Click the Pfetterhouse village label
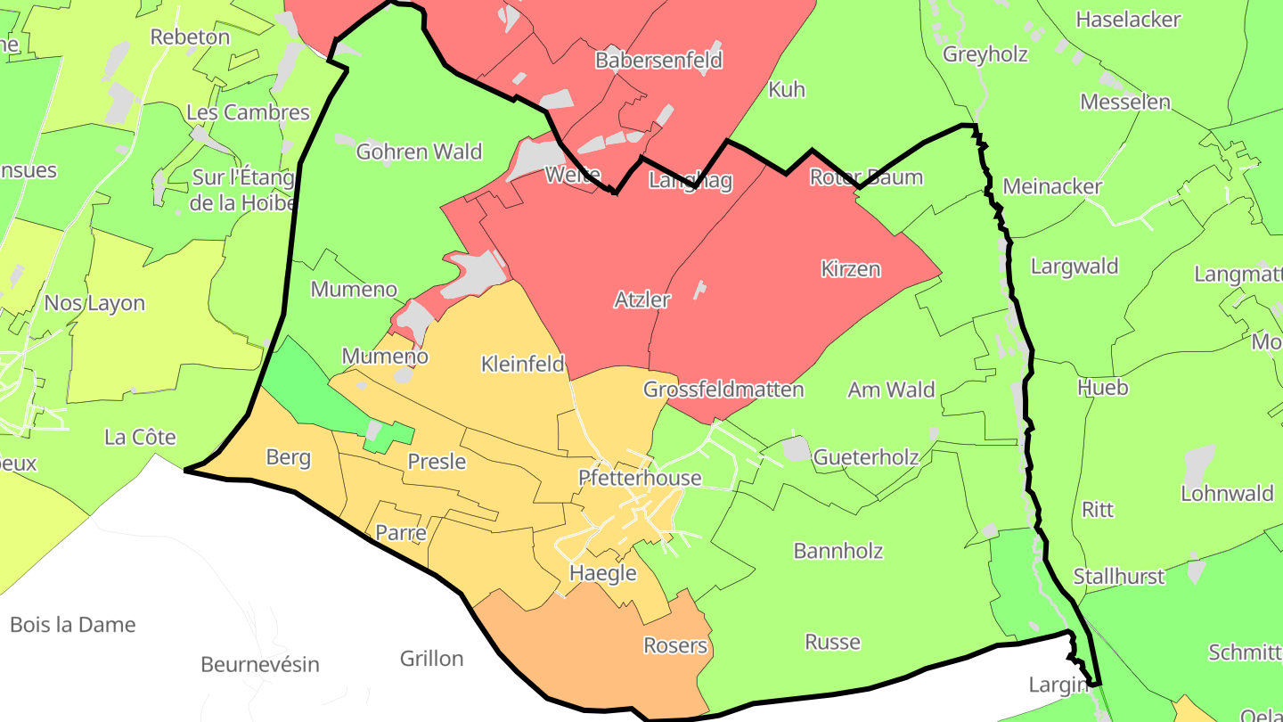tap(640, 478)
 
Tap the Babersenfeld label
tap(658, 61)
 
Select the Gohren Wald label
tap(419, 152)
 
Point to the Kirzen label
tap(850, 268)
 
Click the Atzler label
tap(641, 299)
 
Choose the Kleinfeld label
tap(523, 364)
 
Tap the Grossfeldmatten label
tap(723, 390)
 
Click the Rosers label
tap(675, 645)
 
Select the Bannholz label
tap(838, 551)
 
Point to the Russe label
tap(832, 642)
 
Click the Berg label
tap(289, 457)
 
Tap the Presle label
tap(437, 461)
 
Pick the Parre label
tap(401, 533)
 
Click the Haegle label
tap(603, 573)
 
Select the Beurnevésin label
tap(260, 664)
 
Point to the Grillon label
tap(431, 659)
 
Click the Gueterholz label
tap(866, 457)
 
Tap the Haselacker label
tap(1128, 20)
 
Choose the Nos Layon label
tap(94, 303)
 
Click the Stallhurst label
tap(1119, 576)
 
